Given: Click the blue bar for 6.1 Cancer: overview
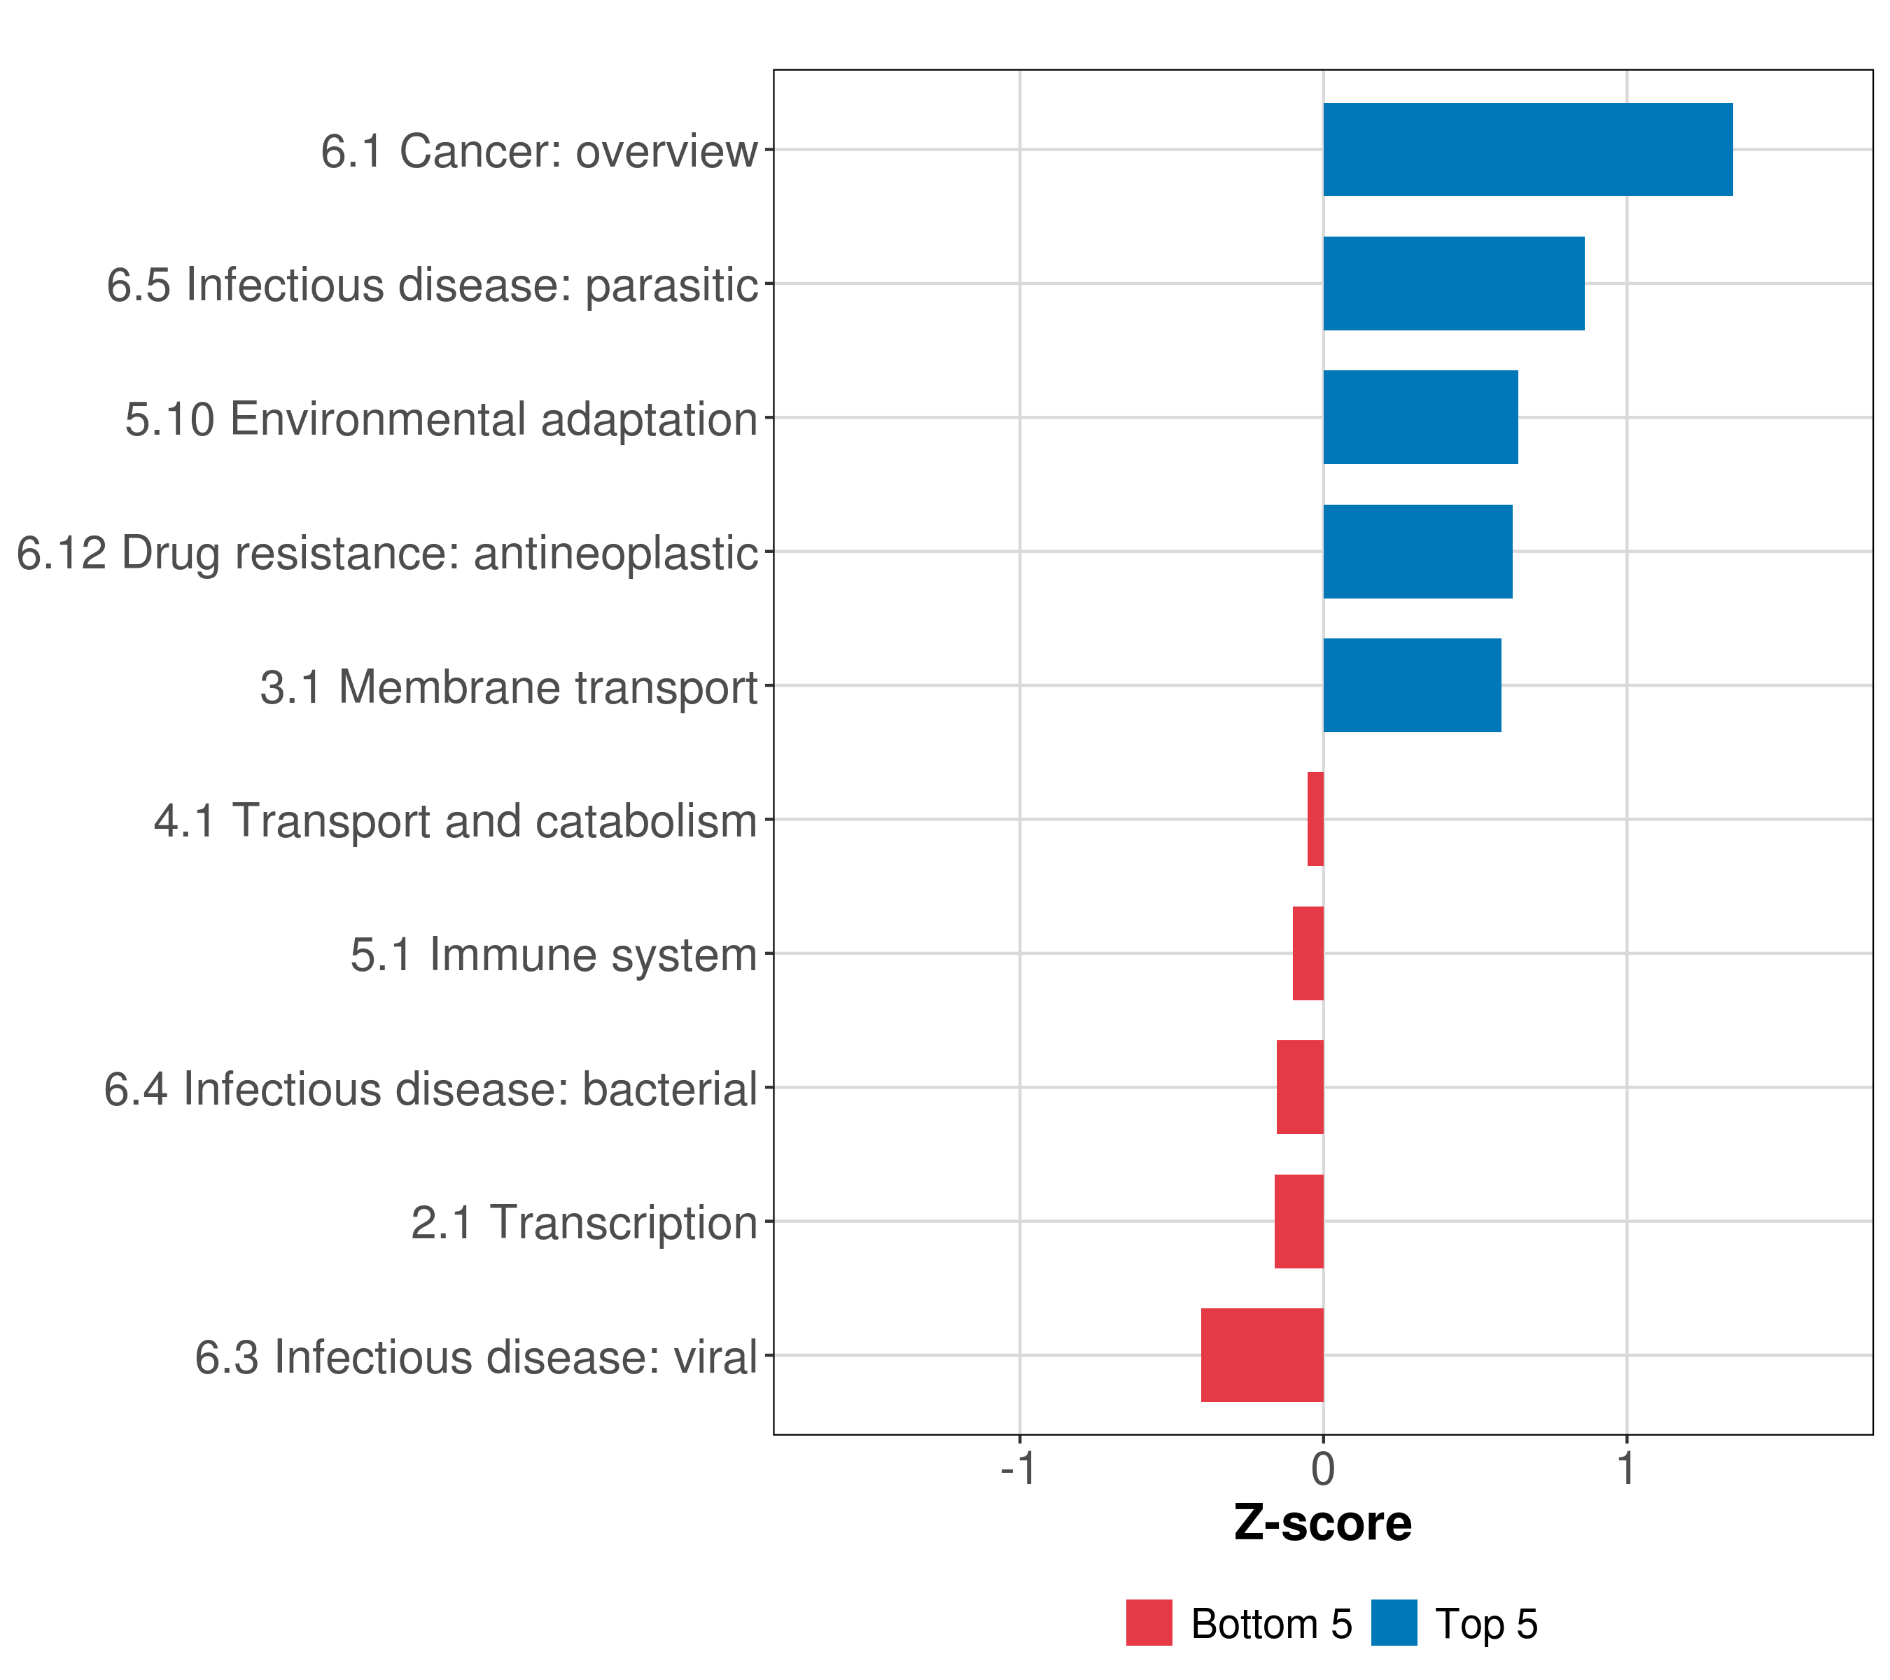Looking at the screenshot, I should click(x=1527, y=150).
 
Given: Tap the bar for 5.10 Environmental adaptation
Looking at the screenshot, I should click(x=1420, y=418).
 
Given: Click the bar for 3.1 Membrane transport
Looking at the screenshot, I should click(x=1412, y=686).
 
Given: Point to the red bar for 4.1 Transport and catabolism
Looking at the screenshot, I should click(x=1315, y=819).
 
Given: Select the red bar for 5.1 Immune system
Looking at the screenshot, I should click(x=1308, y=953).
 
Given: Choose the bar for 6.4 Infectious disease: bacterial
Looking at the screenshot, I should click(x=1299, y=1087).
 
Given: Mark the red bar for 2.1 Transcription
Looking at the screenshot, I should click(x=1298, y=1221).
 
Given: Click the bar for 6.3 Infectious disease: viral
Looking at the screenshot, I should click(x=1262, y=1355).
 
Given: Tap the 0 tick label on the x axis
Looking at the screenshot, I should click(x=1323, y=1469).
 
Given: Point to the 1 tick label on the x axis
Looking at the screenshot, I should click(x=1627, y=1469).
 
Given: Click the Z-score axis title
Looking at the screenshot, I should click(x=1323, y=1524).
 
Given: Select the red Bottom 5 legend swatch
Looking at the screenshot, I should click(x=1149, y=1623).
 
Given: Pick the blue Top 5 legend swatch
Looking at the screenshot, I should click(x=1394, y=1623).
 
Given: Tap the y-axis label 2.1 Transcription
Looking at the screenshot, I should click(x=584, y=1223).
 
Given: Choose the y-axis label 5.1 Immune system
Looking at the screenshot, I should click(x=553, y=955).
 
